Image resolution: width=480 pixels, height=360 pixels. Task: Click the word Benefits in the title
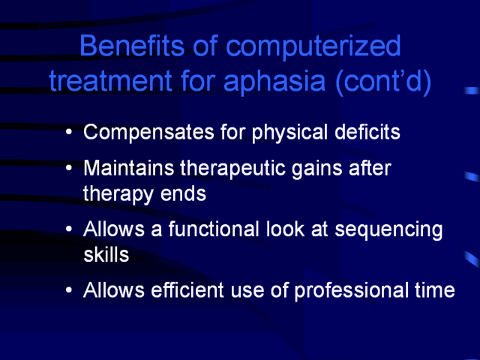click(132, 45)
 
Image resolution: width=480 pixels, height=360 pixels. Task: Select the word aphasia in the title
click(274, 82)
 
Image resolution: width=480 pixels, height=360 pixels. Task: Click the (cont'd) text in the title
click(383, 82)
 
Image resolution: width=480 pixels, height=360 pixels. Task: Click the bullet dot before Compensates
click(69, 132)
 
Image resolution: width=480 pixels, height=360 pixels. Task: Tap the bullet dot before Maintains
click(69, 168)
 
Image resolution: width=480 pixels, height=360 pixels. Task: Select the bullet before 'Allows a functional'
click(69, 229)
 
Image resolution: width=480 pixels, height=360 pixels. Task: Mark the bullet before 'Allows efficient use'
click(69, 289)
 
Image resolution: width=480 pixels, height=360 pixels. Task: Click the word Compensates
click(148, 133)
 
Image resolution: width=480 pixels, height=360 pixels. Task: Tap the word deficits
click(367, 132)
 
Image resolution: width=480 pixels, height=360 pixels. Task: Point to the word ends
click(183, 193)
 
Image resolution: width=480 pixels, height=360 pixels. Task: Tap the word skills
click(106, 254)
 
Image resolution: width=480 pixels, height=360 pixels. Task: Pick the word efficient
click(187, 289)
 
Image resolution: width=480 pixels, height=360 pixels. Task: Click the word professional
click(351, 291)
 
